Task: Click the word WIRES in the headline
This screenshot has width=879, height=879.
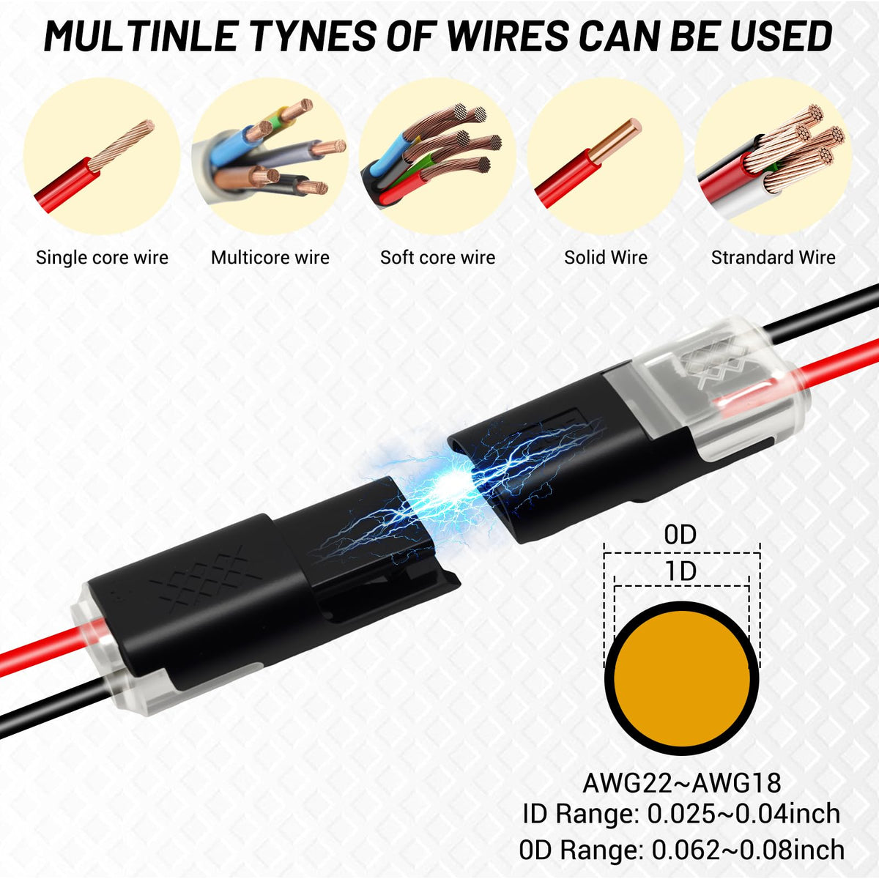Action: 506,36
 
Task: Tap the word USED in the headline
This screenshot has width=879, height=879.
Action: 780,36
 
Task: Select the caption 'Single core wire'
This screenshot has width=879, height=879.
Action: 102,258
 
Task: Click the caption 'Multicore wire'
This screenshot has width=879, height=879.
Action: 270,258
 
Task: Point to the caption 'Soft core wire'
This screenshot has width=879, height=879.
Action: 438,258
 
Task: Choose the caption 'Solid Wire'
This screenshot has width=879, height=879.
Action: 606,258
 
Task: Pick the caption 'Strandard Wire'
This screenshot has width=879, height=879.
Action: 774,258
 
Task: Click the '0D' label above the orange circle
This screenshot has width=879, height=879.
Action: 680,535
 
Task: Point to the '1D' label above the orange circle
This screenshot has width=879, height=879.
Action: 681,571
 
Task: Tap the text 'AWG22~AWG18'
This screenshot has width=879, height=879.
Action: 682,783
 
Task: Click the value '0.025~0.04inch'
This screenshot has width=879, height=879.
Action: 744,815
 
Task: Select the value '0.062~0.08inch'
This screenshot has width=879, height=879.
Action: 748,850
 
